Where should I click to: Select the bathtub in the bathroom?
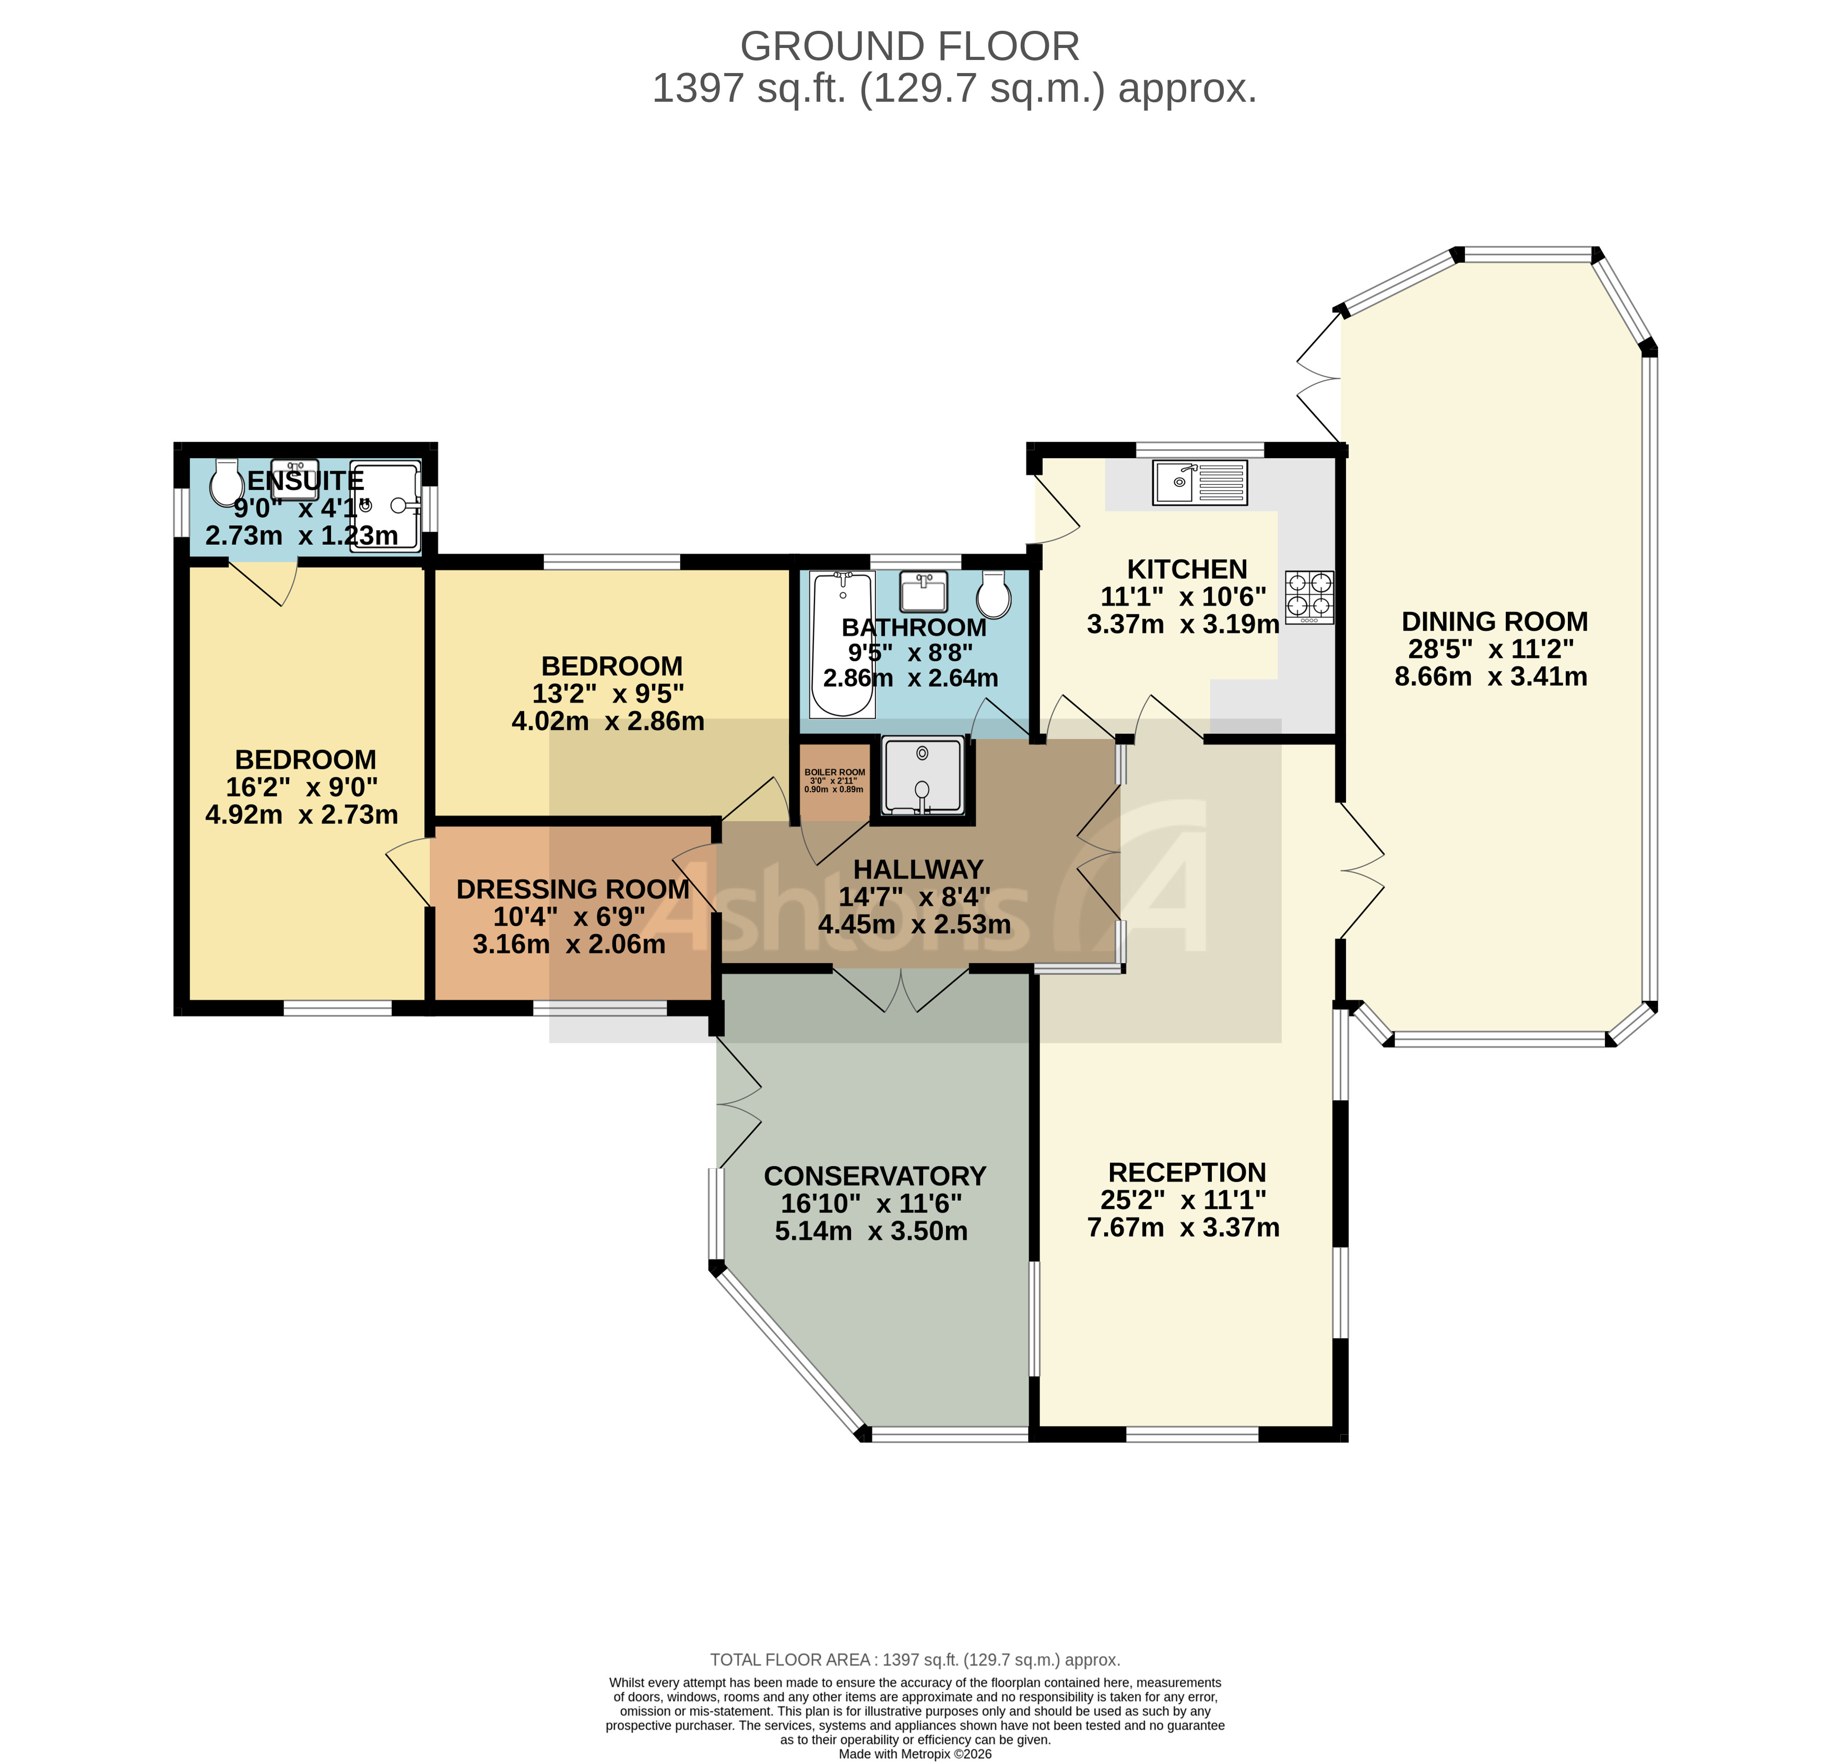843,644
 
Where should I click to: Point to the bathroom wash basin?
923,591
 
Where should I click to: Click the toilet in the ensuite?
226,482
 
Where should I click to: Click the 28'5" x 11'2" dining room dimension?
1491,649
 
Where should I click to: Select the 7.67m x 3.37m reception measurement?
1183,1227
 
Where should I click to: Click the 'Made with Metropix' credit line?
915,1754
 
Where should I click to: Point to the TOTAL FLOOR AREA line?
915,1659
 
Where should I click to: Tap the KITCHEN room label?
1186,569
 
